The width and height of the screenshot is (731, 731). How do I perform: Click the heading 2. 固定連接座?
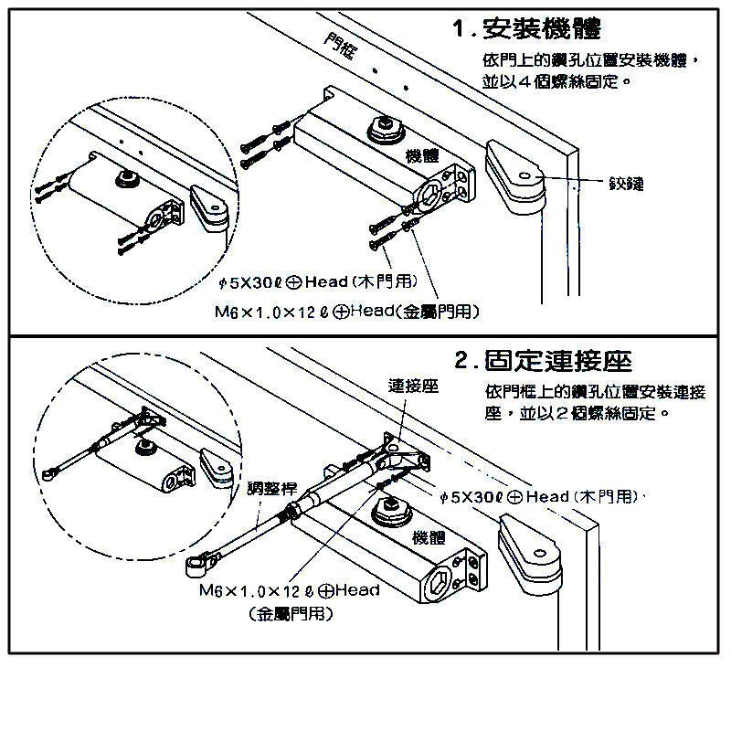[544, 360]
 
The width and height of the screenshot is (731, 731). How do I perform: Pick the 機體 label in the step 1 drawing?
[421, 155]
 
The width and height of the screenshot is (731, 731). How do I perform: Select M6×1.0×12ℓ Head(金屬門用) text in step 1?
[347, 313]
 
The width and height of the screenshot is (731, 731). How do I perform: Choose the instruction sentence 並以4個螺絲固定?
[557, 81]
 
